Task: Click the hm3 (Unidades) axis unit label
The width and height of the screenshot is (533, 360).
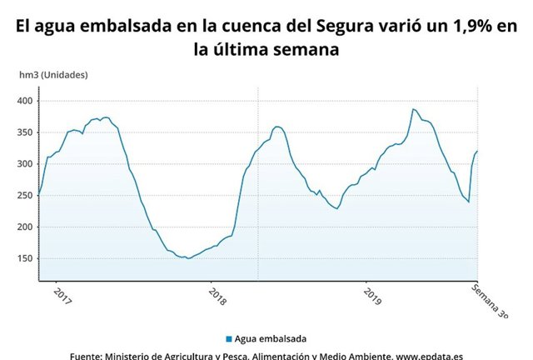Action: point(53,75)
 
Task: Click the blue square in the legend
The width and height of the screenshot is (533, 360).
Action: point(228,338)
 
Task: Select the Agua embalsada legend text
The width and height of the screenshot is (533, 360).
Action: point(271,338)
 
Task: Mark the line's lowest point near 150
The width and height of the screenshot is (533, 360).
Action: point(188,258)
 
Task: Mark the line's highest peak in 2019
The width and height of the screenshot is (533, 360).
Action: point(413,108)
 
